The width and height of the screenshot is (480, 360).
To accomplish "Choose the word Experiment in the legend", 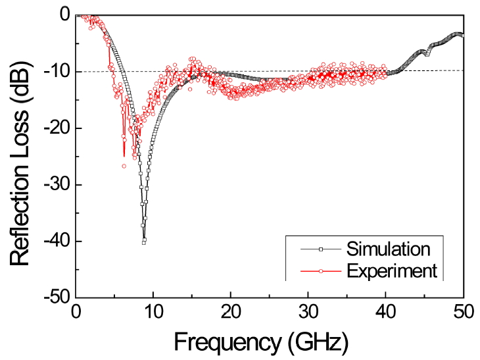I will click(393, 270).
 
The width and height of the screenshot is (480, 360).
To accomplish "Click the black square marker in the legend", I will click(321, 249).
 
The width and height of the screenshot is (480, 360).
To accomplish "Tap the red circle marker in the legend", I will click(321, 270).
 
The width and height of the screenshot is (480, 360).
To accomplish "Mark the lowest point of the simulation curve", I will click(144, 242).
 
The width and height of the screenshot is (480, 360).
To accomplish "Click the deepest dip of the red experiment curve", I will click(124, 166).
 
